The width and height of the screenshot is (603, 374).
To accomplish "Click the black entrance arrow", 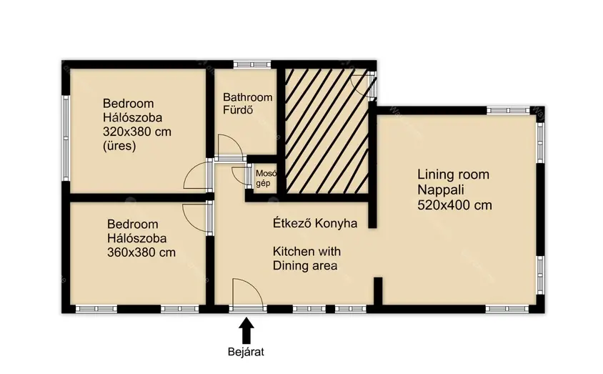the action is point(246,330).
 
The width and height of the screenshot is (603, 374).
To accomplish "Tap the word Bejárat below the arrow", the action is point(246,352).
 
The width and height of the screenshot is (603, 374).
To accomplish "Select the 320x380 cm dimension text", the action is point(137,132).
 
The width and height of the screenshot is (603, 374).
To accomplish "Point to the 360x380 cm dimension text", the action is point(141,252).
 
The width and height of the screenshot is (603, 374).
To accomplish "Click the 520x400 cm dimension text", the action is point(454,205).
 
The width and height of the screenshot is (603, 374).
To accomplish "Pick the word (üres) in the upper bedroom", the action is point(119,146).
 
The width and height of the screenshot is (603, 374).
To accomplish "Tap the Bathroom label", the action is point(248,97).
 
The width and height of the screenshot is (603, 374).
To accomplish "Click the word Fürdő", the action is point(238,110).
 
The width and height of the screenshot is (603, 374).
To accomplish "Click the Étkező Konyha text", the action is point(315,223).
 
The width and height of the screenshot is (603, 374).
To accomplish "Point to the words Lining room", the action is point(454,174).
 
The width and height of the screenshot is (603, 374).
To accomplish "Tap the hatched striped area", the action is point(327,131).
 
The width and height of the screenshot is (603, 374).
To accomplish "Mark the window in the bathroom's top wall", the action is point(252,64).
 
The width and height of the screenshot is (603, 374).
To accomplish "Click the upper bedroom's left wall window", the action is point(66,138).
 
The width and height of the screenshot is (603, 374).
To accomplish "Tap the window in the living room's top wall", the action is point(508,110).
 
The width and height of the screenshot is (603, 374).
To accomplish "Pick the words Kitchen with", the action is point(307,252).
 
